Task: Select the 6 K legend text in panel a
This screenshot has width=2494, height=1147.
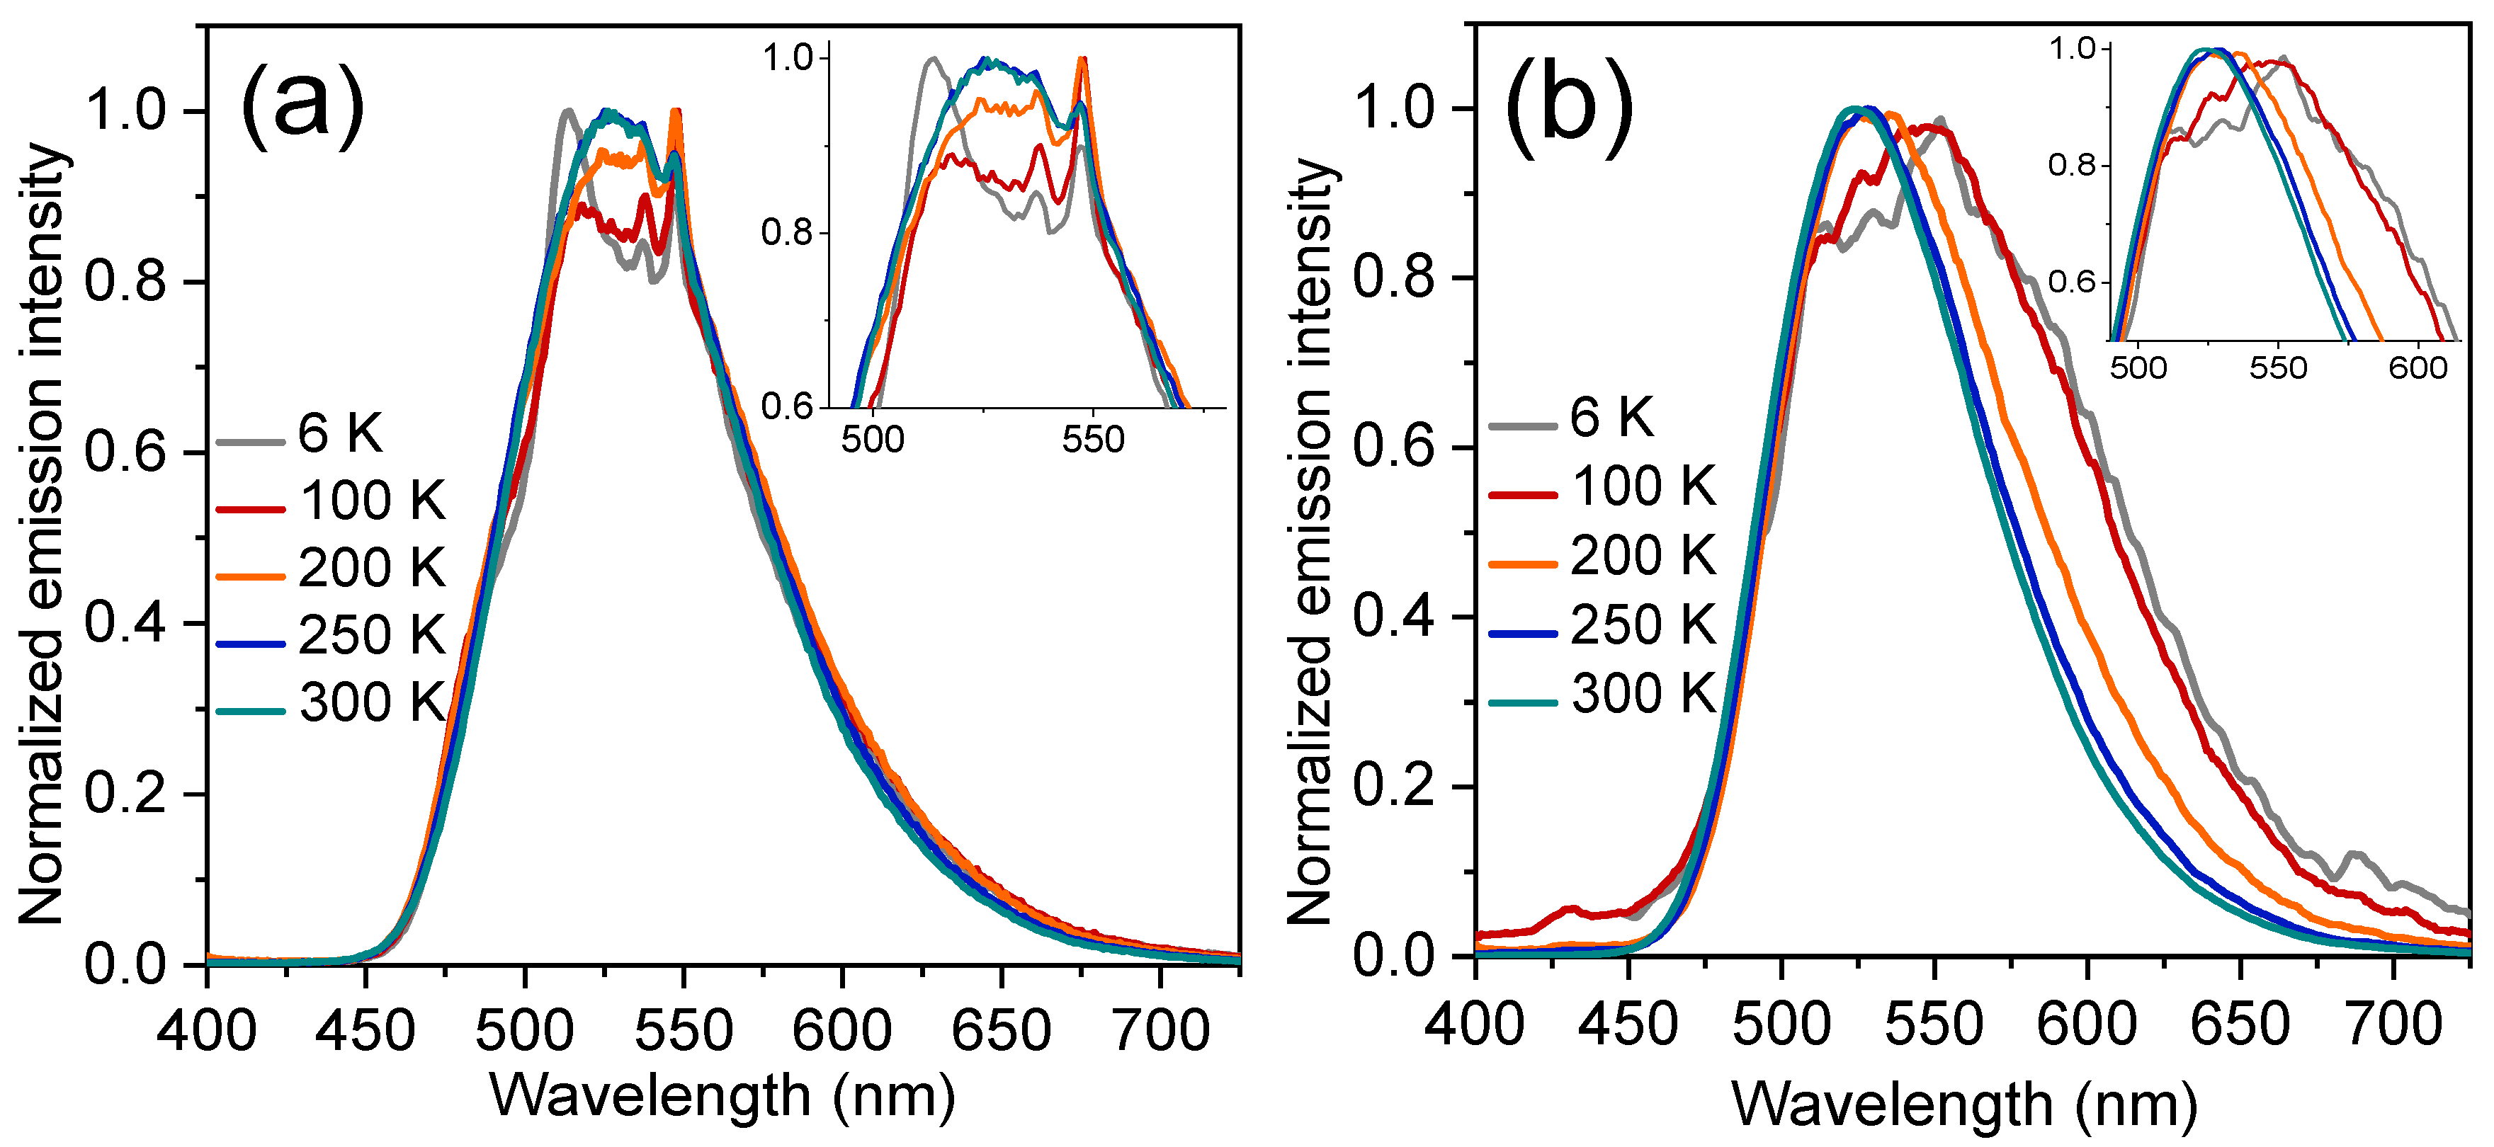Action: (x=340, y=433)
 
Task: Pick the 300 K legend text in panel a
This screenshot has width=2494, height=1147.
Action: (x=372, y=702)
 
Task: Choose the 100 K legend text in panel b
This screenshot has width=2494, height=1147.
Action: (x=1643, y=486)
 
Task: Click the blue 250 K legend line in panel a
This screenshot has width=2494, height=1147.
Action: (x=250, y=644)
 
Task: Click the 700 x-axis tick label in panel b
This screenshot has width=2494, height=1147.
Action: (x=2393, y=1023)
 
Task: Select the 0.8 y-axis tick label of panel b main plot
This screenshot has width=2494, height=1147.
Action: (x=1393, y=277)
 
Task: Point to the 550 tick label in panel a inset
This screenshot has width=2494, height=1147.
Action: (x=1092, y=440)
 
